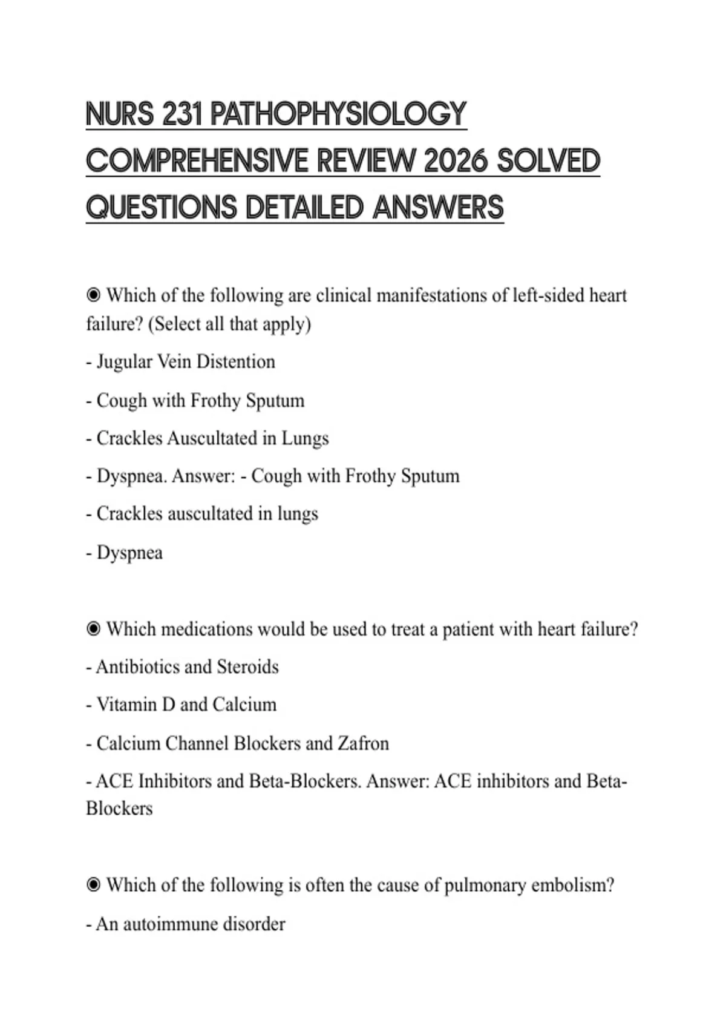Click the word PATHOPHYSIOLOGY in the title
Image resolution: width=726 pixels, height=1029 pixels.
(x=338, y=114)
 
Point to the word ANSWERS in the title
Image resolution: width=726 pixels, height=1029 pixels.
(x=438, y=208)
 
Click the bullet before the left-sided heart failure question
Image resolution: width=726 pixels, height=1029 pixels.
(x=93, y=295)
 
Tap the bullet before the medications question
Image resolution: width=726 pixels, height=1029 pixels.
(x=93, y=630)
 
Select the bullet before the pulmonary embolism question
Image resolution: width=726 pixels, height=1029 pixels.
(x=93, y=886)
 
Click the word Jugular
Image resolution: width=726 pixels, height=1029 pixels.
(x=125, y=362)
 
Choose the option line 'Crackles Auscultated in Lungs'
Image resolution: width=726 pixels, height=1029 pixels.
(x=212, y=438)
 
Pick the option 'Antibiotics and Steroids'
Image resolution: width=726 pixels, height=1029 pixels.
(x=187, y=667)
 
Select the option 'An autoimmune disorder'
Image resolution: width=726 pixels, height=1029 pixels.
(x=191, y=924)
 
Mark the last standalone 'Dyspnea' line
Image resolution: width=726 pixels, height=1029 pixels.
(x=129, y=553)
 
